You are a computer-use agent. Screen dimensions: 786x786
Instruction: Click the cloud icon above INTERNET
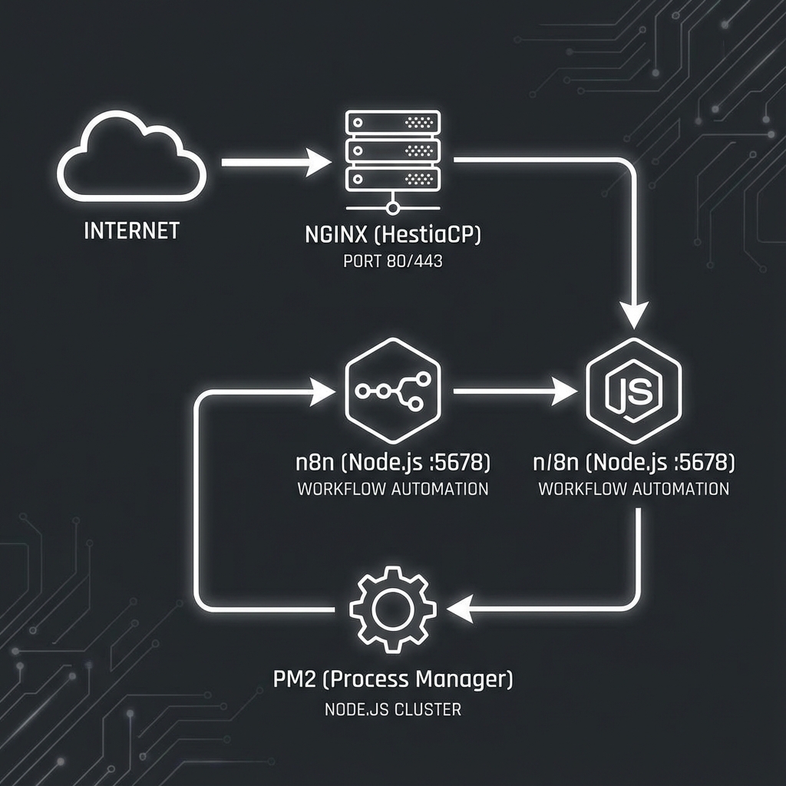[x=132, y=159]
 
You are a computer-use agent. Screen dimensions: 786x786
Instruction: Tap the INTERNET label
[x=131, y=230]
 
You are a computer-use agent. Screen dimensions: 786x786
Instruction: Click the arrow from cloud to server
[x=276, y=163]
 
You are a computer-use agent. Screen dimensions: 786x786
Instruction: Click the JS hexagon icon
[x=633, y=391]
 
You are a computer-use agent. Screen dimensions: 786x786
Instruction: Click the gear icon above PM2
[x=393, y=610]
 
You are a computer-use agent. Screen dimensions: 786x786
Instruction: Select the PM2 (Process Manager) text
[x=393, y=679]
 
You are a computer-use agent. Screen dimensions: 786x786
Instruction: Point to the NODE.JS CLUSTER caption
[x=393, y=709]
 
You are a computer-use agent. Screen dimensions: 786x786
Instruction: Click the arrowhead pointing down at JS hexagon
[x=633, y=315]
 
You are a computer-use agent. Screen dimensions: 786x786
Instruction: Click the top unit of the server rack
[x=392, y=122]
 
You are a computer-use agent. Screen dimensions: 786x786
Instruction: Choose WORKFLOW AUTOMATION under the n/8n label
[x=634, y=489]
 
